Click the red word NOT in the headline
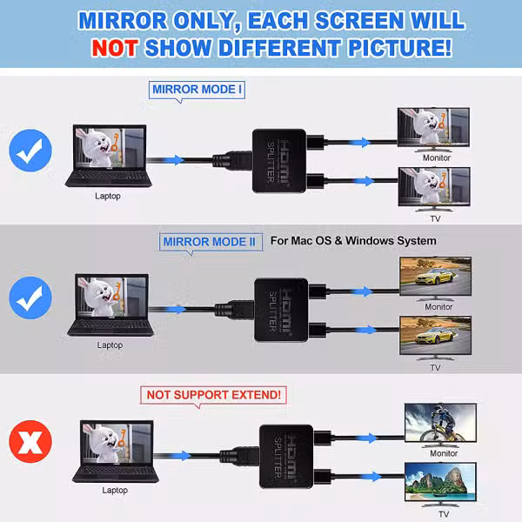(x=115, y=48)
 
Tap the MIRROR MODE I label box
(x=197, y=90)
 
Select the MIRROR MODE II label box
(x=211, y=242)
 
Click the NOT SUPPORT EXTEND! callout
(x=213, y=395)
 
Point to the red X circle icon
(x=30, y=441)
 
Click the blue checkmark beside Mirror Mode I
(x=30, y=151)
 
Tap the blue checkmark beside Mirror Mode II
(x=30, y=298)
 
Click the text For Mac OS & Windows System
(x=353, y=241)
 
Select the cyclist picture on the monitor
(x=440, y=423)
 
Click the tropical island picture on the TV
(x=440, y=481)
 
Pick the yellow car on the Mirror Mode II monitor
(x=434, y=278)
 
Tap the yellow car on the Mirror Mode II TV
(x=435, y=337)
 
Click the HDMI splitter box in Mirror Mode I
(x=279, y=161)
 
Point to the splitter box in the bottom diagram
(x=286, y=457)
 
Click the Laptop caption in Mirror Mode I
(x=108, y=196)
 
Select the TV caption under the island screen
(x=444, y=514)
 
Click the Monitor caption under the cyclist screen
(x=444, y=453)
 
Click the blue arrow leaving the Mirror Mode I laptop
(x=175, y=160)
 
